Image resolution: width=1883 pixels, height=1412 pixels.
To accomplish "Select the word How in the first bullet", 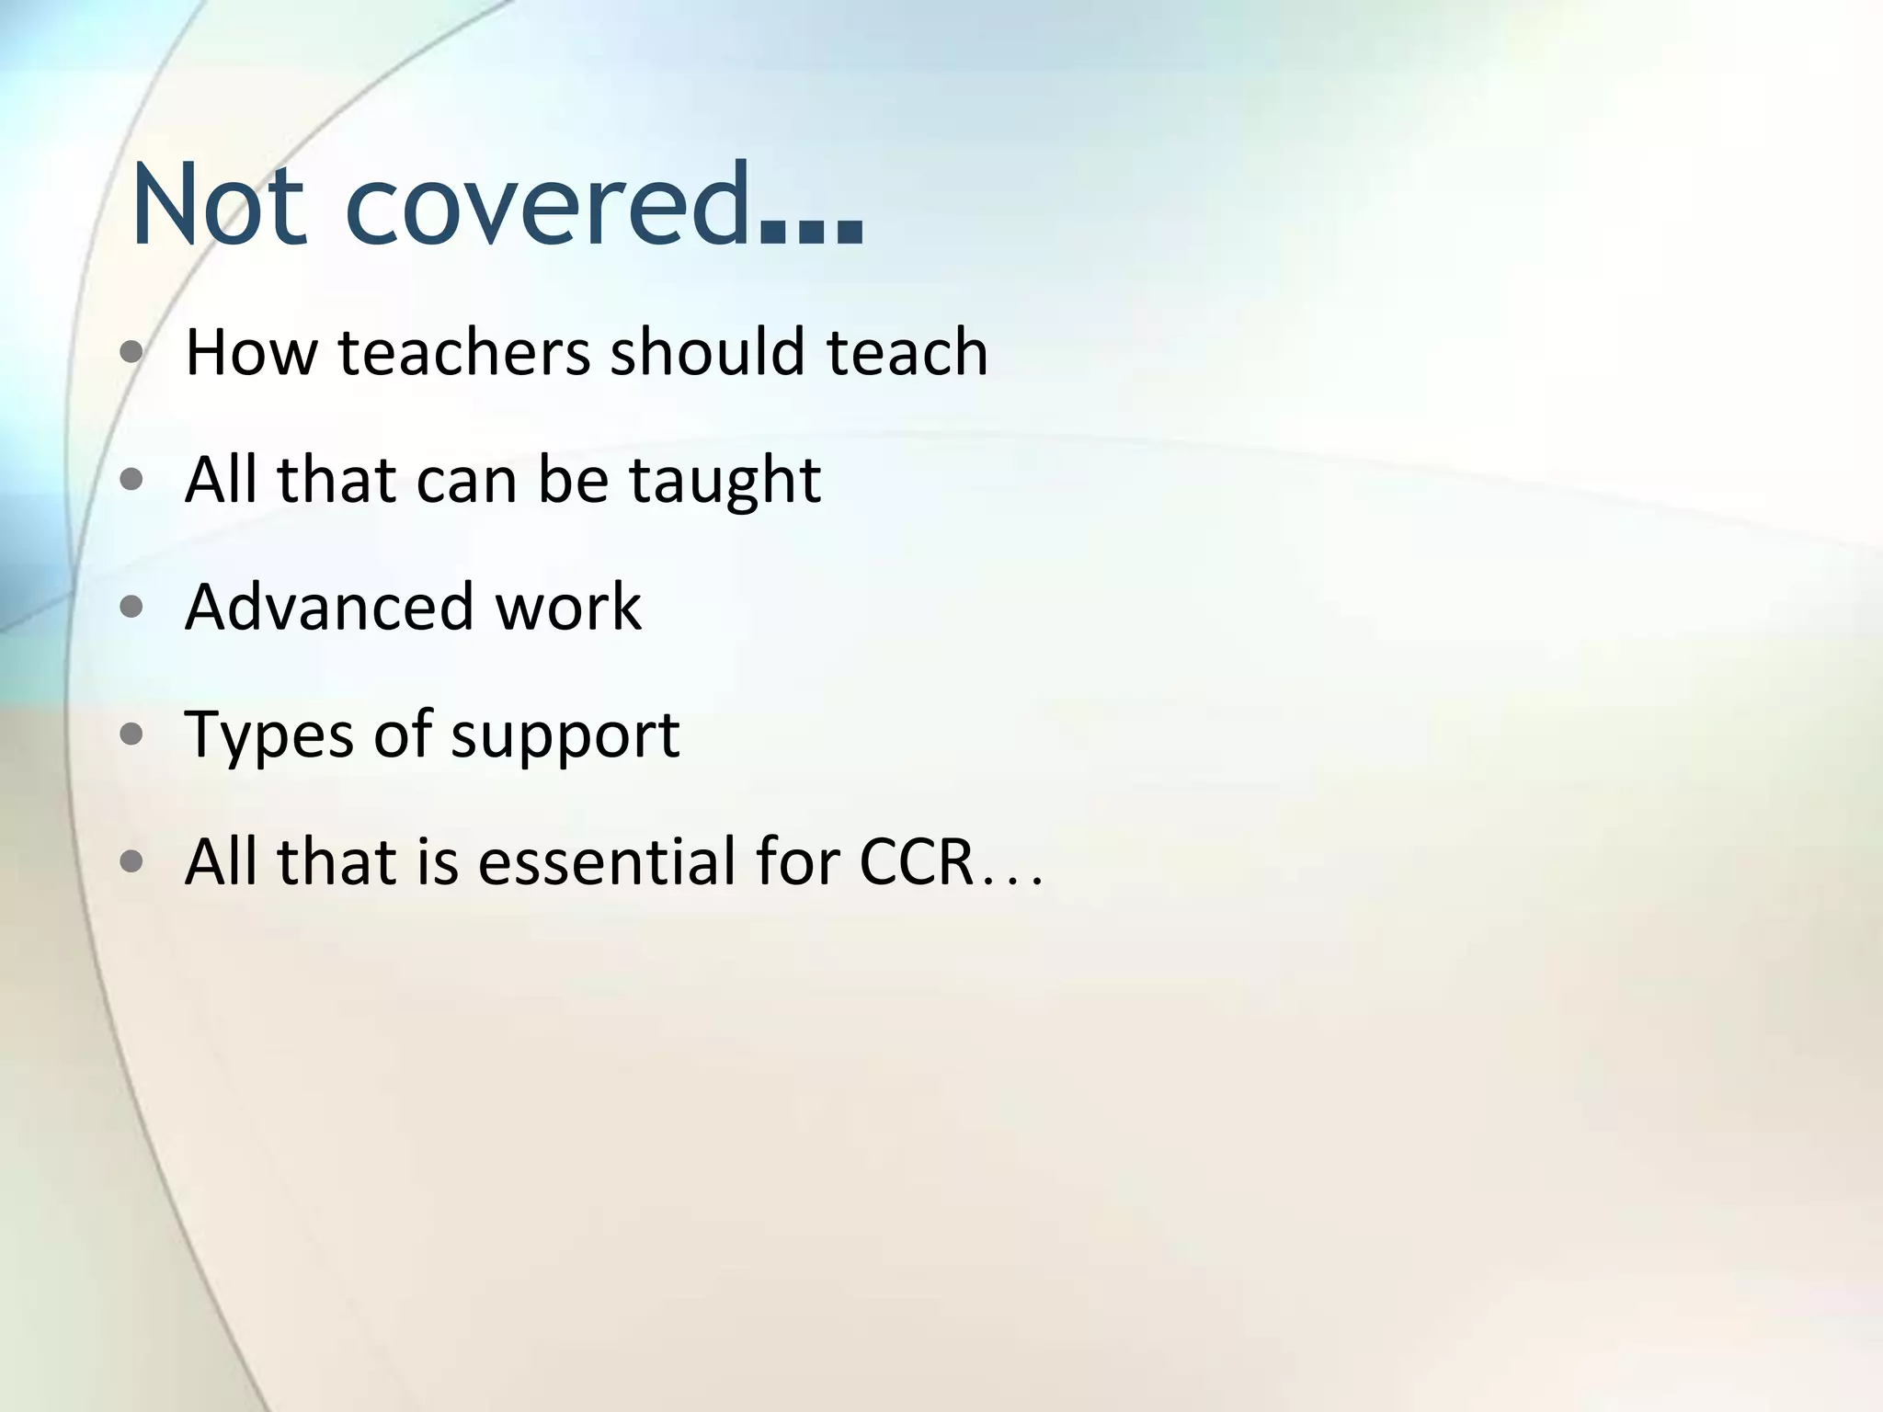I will tap(251, 352).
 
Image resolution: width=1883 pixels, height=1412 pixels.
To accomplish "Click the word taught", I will tap(725, 481).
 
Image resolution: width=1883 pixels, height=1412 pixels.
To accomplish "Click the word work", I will tap(568, 607).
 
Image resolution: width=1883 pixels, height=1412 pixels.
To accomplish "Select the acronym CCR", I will tap(916, 862).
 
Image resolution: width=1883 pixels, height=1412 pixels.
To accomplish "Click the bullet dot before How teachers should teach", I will tap(132, 352).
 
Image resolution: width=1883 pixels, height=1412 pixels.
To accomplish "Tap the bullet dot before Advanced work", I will tap(132, 607).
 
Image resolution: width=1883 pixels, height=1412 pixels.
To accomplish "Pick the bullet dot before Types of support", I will tap(132, 734).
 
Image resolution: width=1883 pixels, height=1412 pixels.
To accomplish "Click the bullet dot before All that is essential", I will tap(132, 861).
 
